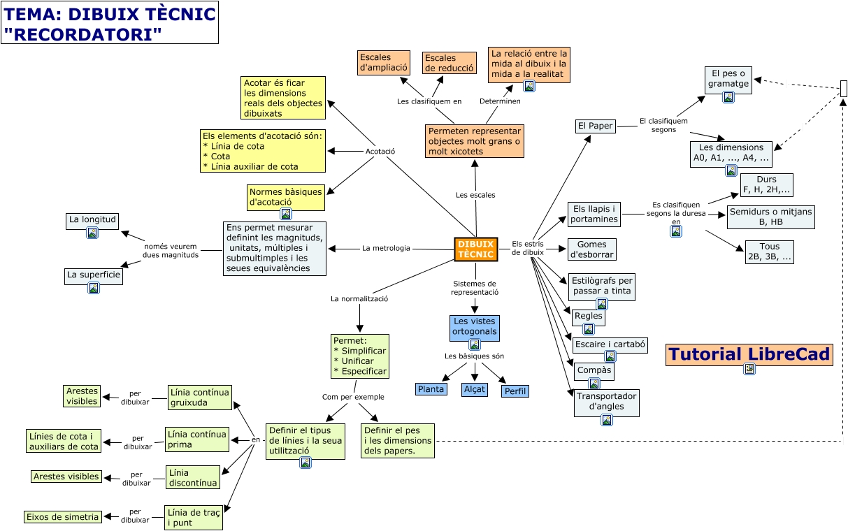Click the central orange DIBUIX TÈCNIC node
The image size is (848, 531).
[x=475, y=249]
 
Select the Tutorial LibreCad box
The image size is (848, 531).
[x=749, y=355]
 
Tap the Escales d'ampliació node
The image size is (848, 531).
[x=383, y=63]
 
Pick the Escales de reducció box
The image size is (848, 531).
[x=450, y=63]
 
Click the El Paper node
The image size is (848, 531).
[x=595, y=126]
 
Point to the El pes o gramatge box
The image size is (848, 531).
[x=728, y=78]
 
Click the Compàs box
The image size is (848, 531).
[x=594, y=370]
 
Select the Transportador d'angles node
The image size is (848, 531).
[x=606, y=401]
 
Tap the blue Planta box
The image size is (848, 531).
[x=431, y=389]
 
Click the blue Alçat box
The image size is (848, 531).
[x=474, y=389]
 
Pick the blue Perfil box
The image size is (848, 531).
[x=515, y=391]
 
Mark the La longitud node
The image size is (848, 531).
[x=92, y=219]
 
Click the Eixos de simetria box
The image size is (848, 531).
[x=63, y=517]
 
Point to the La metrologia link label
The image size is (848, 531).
[x=386, y=248]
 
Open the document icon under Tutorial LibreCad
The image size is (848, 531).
[x=749, y=370]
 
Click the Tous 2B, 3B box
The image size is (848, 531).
[x=769, y=252]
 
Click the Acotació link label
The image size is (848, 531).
[x=380, y=151]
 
